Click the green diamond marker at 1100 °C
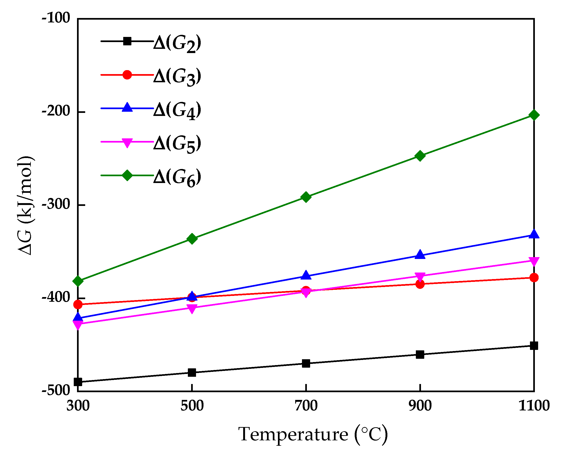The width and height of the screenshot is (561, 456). pyautogui.click(x=534, y=115)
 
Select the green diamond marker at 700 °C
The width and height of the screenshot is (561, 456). pyautogui.click(x=306, y=197)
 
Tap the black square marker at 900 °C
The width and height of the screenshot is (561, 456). pyautogui.click(x=420, y=355)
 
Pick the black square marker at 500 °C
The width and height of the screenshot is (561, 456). pyautogui.click(x=192, y=373)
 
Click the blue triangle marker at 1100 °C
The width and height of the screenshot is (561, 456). pyautogui.click(x=534, y=234)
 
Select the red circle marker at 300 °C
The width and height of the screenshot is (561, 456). pyautogui.click(x=78, y=305)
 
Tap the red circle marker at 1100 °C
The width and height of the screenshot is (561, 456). pyautogui.click(x=534, y=278)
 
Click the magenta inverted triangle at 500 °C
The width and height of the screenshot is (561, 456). pyautogui.click(x=192, y=309)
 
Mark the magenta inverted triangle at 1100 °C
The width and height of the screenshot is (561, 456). pyautogui.click(x=534, y=261)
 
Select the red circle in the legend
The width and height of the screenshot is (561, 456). pyautogui.click(x=127, y=75)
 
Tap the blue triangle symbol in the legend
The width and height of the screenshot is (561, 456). pyautogui.click(x=127, y=108)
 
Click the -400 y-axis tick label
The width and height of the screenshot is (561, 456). pyautogui.click(x=56, y=297)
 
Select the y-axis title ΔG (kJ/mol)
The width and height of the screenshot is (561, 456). pyautogui.click(x=25, y=205)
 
